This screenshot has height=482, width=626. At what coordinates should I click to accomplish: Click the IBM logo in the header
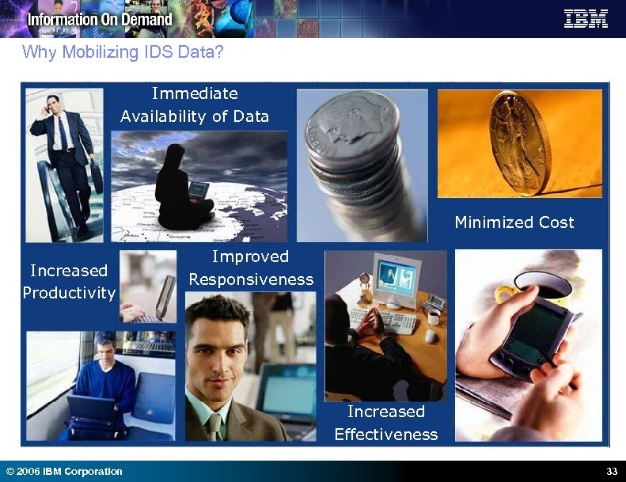coord(586,19)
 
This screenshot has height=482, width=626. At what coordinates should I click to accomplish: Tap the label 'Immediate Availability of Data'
coord(195,105)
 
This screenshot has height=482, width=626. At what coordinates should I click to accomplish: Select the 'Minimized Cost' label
coord(514,222)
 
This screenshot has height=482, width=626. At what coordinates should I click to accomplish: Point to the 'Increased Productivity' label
coord(69,282)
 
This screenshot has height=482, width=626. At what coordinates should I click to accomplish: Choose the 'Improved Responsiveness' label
coord(251,268)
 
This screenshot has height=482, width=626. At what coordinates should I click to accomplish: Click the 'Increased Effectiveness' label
coord(385,423)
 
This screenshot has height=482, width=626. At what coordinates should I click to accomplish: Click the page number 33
coord(611,472)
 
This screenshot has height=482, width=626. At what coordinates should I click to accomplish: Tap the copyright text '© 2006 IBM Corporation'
coord(64,472)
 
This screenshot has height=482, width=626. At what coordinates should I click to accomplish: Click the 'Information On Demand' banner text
coord(100,19)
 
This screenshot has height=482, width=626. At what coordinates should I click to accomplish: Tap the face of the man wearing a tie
coord(216,356)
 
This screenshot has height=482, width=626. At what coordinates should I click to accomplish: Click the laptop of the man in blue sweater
coord(89,408)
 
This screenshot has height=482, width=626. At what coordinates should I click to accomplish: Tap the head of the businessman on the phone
coord(53,104)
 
